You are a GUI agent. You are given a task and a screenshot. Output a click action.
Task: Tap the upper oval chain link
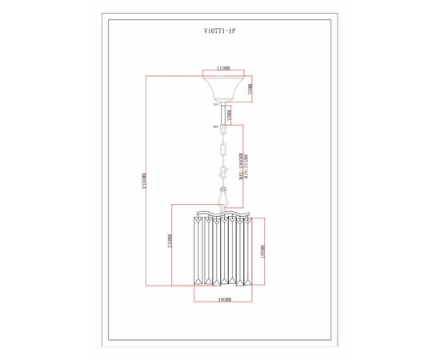(x=223, y=150)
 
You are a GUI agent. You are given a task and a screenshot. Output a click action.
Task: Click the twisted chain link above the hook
(x=224, y=172)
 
